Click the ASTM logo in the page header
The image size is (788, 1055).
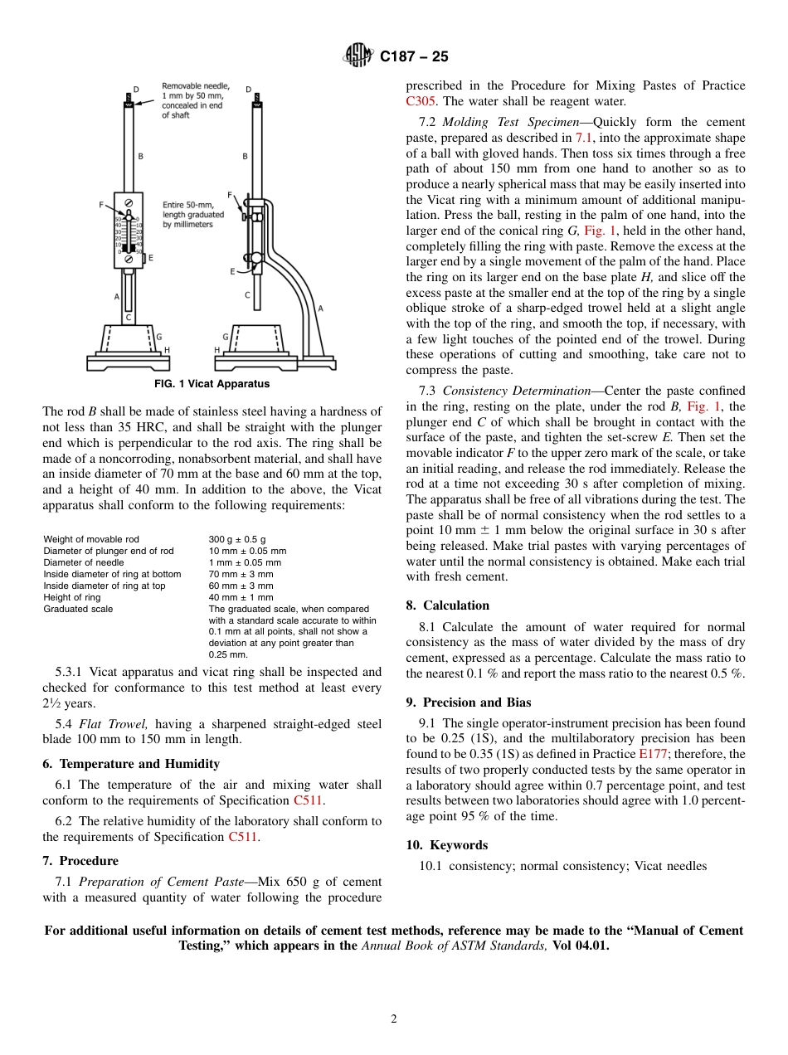point(359,56)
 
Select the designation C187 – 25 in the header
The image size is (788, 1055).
point(414,56)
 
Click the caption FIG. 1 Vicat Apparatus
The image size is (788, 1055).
point(212,384)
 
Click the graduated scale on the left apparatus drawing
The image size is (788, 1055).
point(129,236)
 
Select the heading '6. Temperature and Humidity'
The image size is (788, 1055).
point(131,764)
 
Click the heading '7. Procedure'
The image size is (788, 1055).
point(80,861)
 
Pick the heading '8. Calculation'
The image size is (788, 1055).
point(448,605)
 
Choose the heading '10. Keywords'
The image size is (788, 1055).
point(447,845)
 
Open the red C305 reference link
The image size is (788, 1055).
point(421,101)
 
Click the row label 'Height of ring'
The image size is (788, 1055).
point(72,597)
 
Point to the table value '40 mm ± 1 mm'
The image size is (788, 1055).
point(241,597)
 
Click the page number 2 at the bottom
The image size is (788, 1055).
point(394,1019)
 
